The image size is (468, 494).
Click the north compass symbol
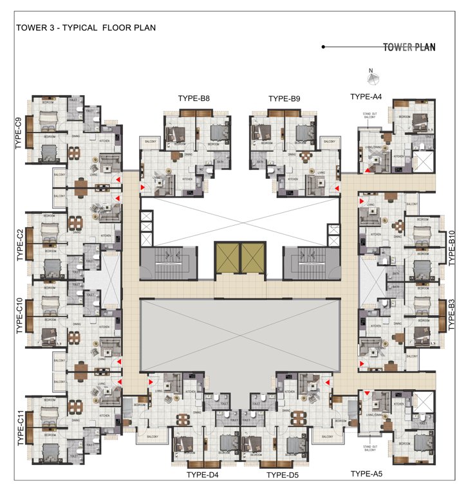[x=371, y=78]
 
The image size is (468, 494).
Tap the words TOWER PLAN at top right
[x=409, y=47]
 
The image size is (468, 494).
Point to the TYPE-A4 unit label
[x=366, y=96]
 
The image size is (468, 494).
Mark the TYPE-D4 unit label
[x=203, y=475]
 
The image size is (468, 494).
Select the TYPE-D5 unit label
[x=285, y=475]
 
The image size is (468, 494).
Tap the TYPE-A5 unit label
[x=366, y=474]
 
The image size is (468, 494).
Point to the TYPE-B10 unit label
[x=451, y=248]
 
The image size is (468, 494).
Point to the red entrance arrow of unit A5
[x=367, y=393]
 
